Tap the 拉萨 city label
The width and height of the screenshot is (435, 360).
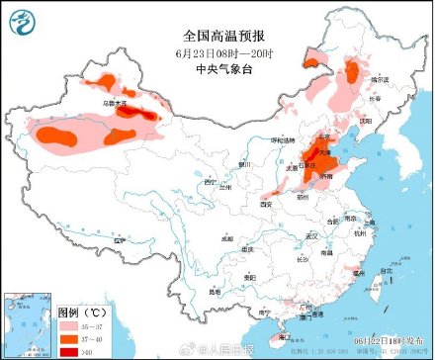coord(122,240)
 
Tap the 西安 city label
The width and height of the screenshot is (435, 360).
coord(265,204)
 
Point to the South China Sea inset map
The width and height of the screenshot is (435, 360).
coord(29,323)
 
